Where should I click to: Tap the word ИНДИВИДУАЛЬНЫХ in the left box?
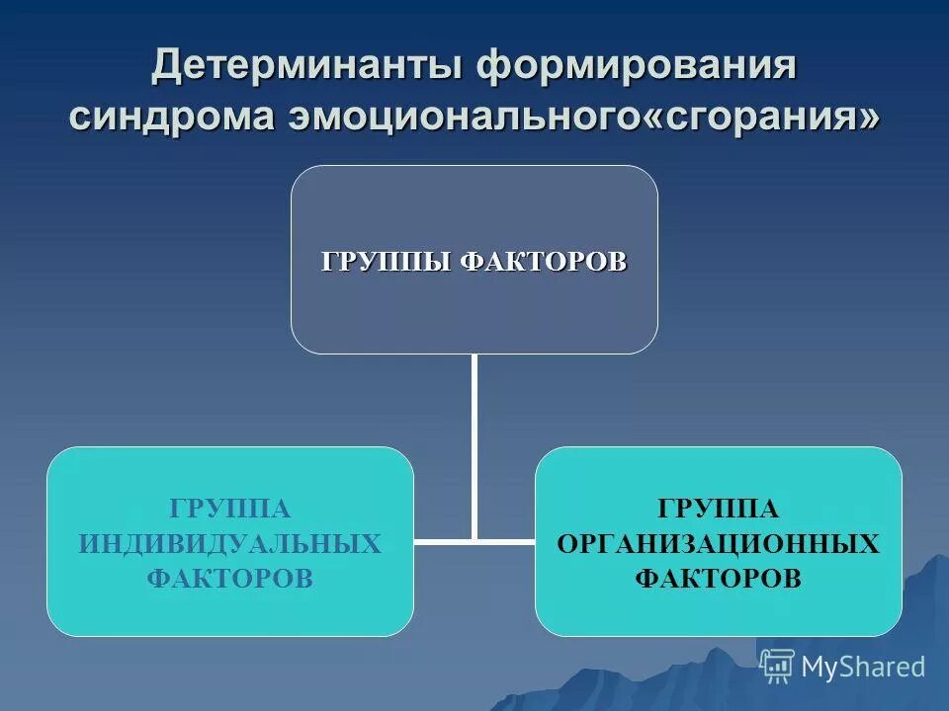[x=229, y=543]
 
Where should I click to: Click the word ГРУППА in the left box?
[x=229, y=509]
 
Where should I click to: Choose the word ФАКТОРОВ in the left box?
[x=229, y=579]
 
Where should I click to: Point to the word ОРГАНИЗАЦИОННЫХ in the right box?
[x=718, y=543]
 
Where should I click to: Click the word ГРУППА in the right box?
[x=718, y=509]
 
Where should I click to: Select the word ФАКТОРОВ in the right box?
[x=718, y=579]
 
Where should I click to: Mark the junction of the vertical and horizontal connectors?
[x=474, y=540]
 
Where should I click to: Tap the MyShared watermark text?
[x=863, y=667]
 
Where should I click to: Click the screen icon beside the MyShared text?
[x=778, y=666]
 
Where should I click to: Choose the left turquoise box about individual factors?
[x=229, y=612]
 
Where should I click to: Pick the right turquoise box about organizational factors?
[x=718, y=612]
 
